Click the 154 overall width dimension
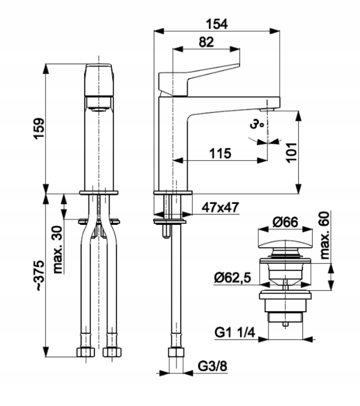217,24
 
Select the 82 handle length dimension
206,42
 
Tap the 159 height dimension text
39,128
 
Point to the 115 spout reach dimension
220,154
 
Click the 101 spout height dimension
291,153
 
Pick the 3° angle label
257,124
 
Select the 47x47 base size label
220,207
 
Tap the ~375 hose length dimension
40,276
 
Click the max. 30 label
58,250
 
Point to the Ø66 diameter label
285,222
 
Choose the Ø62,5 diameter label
232,278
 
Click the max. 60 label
324,235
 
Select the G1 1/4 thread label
235,333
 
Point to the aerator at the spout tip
267,110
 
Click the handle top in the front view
99,80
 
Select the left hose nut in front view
86,352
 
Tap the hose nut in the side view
176,352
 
